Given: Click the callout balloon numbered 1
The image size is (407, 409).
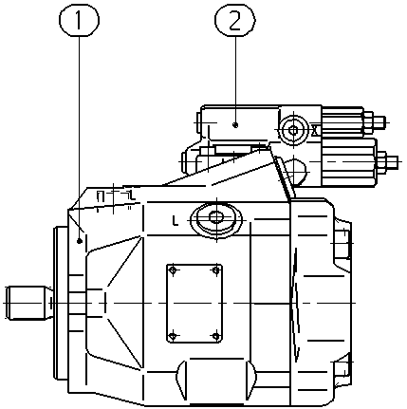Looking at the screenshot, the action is (x=79, y=20).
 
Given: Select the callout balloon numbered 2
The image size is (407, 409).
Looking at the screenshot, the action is (x=235, y=20).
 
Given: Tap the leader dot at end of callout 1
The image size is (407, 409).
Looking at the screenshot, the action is (x=80, y=241).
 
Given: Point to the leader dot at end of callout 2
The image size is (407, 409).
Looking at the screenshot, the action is (x=234, y=125).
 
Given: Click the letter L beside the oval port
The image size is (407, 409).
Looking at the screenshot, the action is (x=176, y=220).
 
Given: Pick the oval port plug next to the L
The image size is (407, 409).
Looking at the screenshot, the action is (x=216, y=218).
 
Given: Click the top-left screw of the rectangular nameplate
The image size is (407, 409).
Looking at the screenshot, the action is (x=173, y=270).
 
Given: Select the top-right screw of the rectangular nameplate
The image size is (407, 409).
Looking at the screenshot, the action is (x=216, y=270).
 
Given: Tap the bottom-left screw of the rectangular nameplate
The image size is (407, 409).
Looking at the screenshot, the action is (x=173, y=336).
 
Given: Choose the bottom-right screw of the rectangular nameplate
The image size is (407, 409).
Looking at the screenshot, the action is (x=216, y=336).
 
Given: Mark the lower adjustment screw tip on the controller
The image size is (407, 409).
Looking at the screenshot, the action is (x=391, y=161).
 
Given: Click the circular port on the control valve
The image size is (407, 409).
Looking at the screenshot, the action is (x=293, y=130).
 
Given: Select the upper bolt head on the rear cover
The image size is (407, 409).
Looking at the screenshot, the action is (x=342, y=243).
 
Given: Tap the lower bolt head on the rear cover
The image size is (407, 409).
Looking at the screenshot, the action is (x=342, y=369).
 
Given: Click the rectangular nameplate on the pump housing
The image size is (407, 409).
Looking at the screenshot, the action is (x=194, y=303).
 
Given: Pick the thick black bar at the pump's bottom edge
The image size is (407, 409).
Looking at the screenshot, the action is (x=217, y=404).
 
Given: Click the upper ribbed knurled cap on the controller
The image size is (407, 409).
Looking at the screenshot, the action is (x=342, y=121).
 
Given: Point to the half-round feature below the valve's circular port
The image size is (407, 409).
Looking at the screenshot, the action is (x=295, y=173).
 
